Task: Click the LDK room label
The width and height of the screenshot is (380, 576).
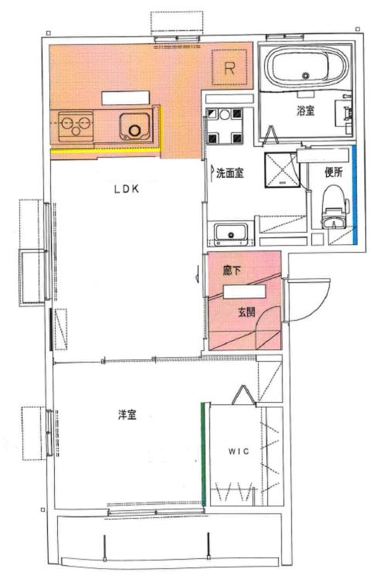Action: [127, 189]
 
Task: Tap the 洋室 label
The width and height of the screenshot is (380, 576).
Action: [127, 415]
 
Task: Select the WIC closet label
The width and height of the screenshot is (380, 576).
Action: [239, 451]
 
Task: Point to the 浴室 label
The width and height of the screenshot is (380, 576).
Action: [306, 111]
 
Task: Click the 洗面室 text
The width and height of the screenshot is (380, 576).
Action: [230, 172]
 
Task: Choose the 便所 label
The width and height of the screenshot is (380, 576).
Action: [334, 172]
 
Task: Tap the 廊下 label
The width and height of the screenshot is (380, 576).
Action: [232, 271]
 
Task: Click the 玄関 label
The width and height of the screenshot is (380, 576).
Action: [246, 312]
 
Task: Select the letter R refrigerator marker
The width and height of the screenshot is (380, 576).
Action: [229, 68]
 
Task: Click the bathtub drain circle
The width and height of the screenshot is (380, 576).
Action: [306, 76]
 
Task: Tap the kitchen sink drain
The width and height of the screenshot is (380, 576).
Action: [134, 131]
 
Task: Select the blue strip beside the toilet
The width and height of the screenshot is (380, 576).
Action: [355, 195]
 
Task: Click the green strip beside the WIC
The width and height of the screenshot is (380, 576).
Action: [203, 454]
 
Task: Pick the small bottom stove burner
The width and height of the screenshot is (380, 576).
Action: [76, 131]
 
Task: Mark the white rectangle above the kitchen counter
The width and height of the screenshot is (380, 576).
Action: [125, 98]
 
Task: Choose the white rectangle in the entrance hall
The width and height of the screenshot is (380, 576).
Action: [245, 292]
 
